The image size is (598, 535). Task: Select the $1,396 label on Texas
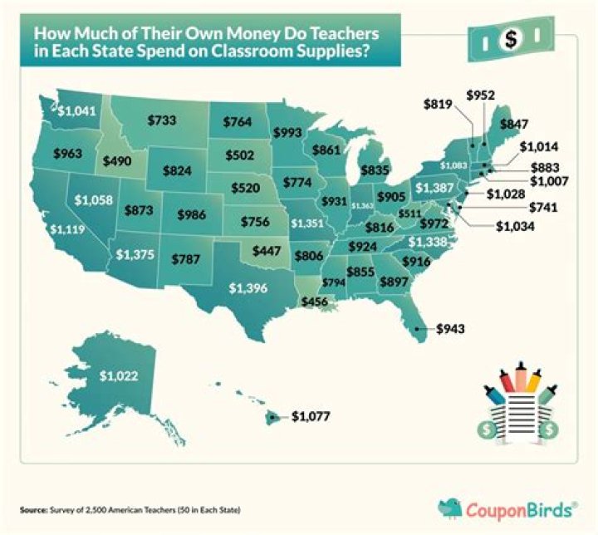(250, 289)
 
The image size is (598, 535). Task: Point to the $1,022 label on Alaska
(115, 375)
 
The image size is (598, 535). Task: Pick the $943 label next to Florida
(453, 328)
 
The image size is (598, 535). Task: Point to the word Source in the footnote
(32, 508)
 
